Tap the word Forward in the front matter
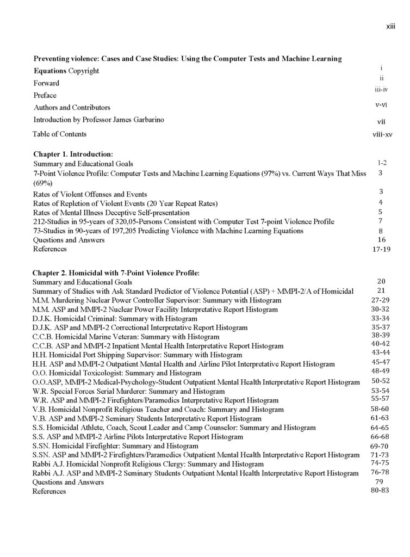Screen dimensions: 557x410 click(x=46, y=83)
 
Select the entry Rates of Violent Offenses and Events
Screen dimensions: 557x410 click(x=90, y=194)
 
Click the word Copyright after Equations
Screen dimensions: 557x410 click(x=84, y=71)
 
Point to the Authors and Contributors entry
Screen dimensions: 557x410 click(x=72, y=107)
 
